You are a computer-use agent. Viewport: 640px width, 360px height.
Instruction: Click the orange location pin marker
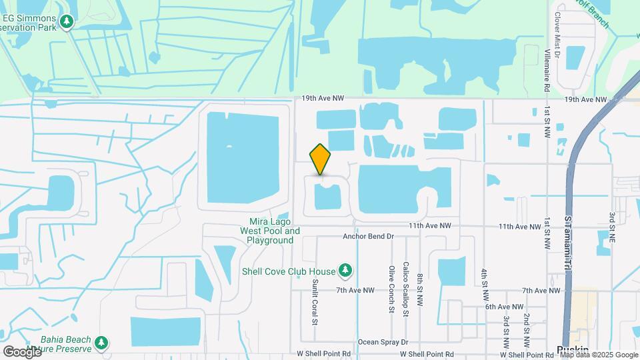320,159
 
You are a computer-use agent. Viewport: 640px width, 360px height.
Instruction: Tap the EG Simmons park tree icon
66,23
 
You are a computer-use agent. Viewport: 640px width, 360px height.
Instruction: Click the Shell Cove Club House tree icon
345,270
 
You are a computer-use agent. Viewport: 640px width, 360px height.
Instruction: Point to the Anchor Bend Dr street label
369,236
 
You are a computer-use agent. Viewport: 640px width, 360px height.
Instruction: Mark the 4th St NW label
485,284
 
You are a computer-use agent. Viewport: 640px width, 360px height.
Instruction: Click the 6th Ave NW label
502,306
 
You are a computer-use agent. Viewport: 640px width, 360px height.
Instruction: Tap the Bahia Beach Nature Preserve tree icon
101,342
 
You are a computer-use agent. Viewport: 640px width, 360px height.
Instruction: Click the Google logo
22,351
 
